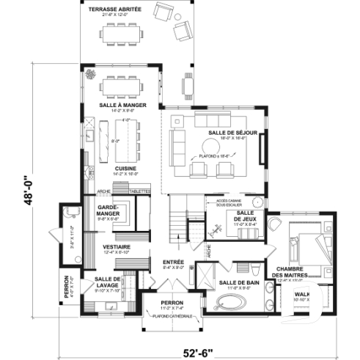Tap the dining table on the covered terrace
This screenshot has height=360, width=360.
(x=119, y=34)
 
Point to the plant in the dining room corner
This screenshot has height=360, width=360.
(x=92, y=74)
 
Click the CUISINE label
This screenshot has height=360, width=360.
(x=121, y=169)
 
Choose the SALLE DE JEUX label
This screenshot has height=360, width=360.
(x=246, y=216)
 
